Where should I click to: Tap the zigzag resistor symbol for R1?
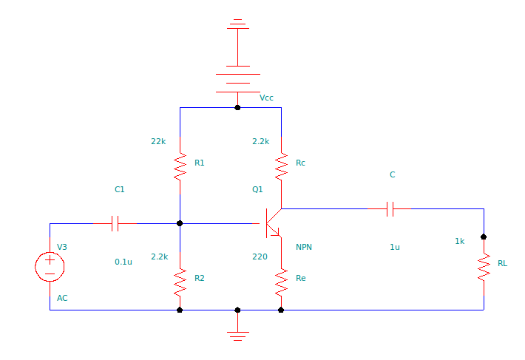(x=180, y=166)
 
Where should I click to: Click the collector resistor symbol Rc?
(x=281, y=166)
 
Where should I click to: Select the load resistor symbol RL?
(x=484, y=266)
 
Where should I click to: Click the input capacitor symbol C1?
(x=115, y=223)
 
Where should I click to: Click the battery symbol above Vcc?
(x=237, y=82)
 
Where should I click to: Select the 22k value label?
(x=158, y=141)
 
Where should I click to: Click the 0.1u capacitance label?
(x=123, y=262)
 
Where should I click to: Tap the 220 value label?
(x=260, y=257)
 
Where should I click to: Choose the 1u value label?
(x=395, y=247)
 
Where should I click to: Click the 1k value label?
(x=459, y=241)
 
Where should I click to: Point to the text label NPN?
(x=304, y=247)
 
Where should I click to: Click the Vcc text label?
(x=267, y=98)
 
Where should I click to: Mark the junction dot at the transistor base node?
(x=180, y=223)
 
